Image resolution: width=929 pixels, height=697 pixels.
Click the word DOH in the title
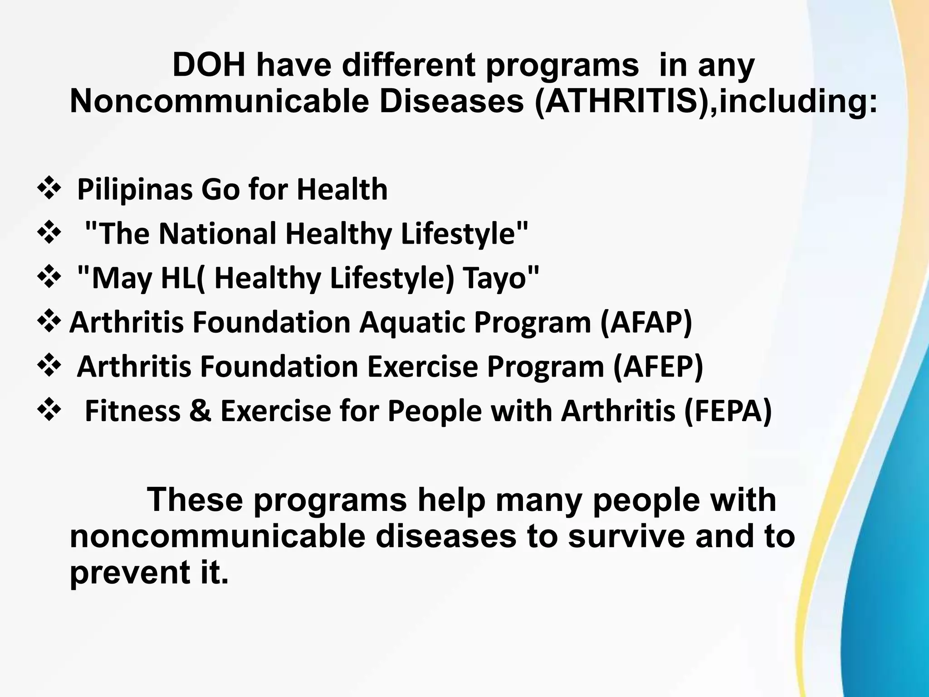click(210, 66)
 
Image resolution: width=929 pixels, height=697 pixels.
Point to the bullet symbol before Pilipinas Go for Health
click(48, 189)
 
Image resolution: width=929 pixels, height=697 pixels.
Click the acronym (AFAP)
click(646, 322)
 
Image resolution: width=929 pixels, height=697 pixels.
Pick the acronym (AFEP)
click(658, 367)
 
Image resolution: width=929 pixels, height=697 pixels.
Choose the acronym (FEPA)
click(728, 411)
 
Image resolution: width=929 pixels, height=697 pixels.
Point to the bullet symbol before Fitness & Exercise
click(48, 410)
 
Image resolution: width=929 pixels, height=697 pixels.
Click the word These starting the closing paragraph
click(195, 500)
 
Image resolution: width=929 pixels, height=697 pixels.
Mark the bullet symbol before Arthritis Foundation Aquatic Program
click(48, 321)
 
